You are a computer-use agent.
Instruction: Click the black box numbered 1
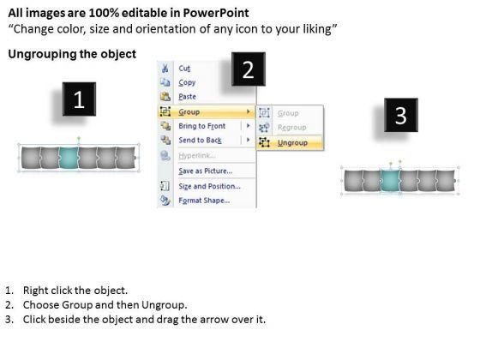(x=79, y=99)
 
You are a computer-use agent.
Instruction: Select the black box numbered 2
(x=249, y=69)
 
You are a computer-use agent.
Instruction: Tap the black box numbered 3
(x=401, y=115)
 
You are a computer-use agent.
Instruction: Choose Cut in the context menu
(x=184, y=69)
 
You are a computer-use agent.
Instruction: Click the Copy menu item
(x=187, y=82)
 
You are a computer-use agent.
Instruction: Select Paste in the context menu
(x=187, y=97)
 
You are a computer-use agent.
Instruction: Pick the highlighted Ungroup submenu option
(x=292, y=142)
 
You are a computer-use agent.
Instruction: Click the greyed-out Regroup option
(x=291, y=128)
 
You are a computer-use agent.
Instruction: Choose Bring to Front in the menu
(x=201, y=126)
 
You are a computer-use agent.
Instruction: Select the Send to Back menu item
(x=200, y=141)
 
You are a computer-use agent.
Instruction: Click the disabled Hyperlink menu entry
(x=197, y=155)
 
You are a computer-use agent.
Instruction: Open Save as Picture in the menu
(x=206, y=171)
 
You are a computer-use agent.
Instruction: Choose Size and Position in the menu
(x=209, y=186)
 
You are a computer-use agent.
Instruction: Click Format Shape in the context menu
(x=204, y=201)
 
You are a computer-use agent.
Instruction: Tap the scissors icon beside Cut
(x=165, y=68)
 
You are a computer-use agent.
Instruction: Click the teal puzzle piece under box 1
(x=69, y=158)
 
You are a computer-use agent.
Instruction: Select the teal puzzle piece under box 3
(x=390, y=181)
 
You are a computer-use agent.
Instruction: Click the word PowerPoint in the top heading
(x=216, y=13)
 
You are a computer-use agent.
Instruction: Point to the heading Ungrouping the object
(x=72, y=54)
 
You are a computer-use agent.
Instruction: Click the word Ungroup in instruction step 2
(x=164, y=305)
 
